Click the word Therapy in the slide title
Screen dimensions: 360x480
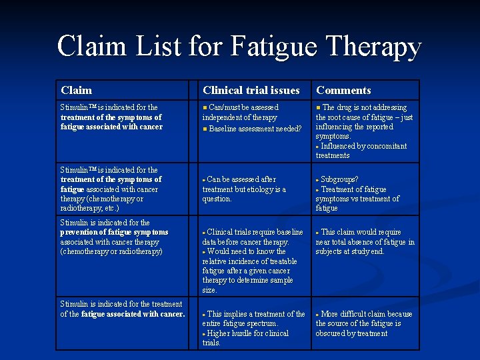coord(375,47)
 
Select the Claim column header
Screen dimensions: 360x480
coord(76,90)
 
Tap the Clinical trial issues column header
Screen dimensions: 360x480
coord(251,90)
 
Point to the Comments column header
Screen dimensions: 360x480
coord(343,90)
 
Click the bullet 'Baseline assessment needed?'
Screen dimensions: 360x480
coord(255,128)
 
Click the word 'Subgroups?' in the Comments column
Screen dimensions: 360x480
coord(339,179)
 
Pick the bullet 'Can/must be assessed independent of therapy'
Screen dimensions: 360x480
coord(240,112)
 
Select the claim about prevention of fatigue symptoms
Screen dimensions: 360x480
coord(114,237)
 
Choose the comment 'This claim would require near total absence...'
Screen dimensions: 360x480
coord(365,241)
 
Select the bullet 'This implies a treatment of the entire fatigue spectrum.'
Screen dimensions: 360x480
coord(253,319)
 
